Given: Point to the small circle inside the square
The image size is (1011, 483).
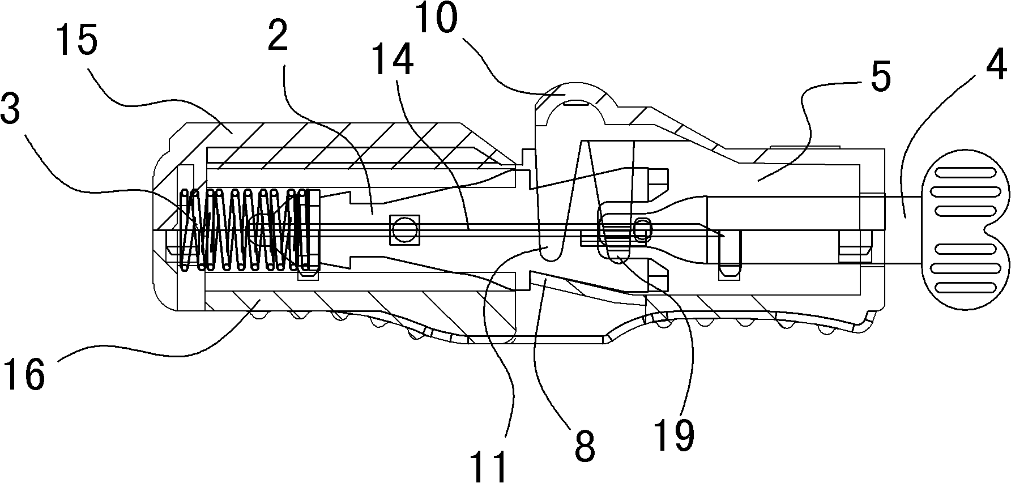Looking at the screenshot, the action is tap(404, 230).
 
